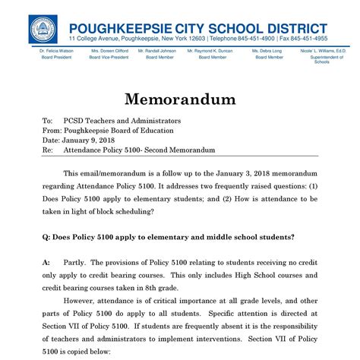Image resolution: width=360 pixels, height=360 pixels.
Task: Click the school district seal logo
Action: coord(43,29)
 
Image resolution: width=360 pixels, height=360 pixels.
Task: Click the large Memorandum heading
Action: coord(180,99)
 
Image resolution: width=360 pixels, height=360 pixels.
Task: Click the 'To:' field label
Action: coord(47,121)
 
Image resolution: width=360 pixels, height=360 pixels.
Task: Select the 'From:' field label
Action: coord(52,131)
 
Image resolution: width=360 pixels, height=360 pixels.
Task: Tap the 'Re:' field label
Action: coord(48,150)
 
